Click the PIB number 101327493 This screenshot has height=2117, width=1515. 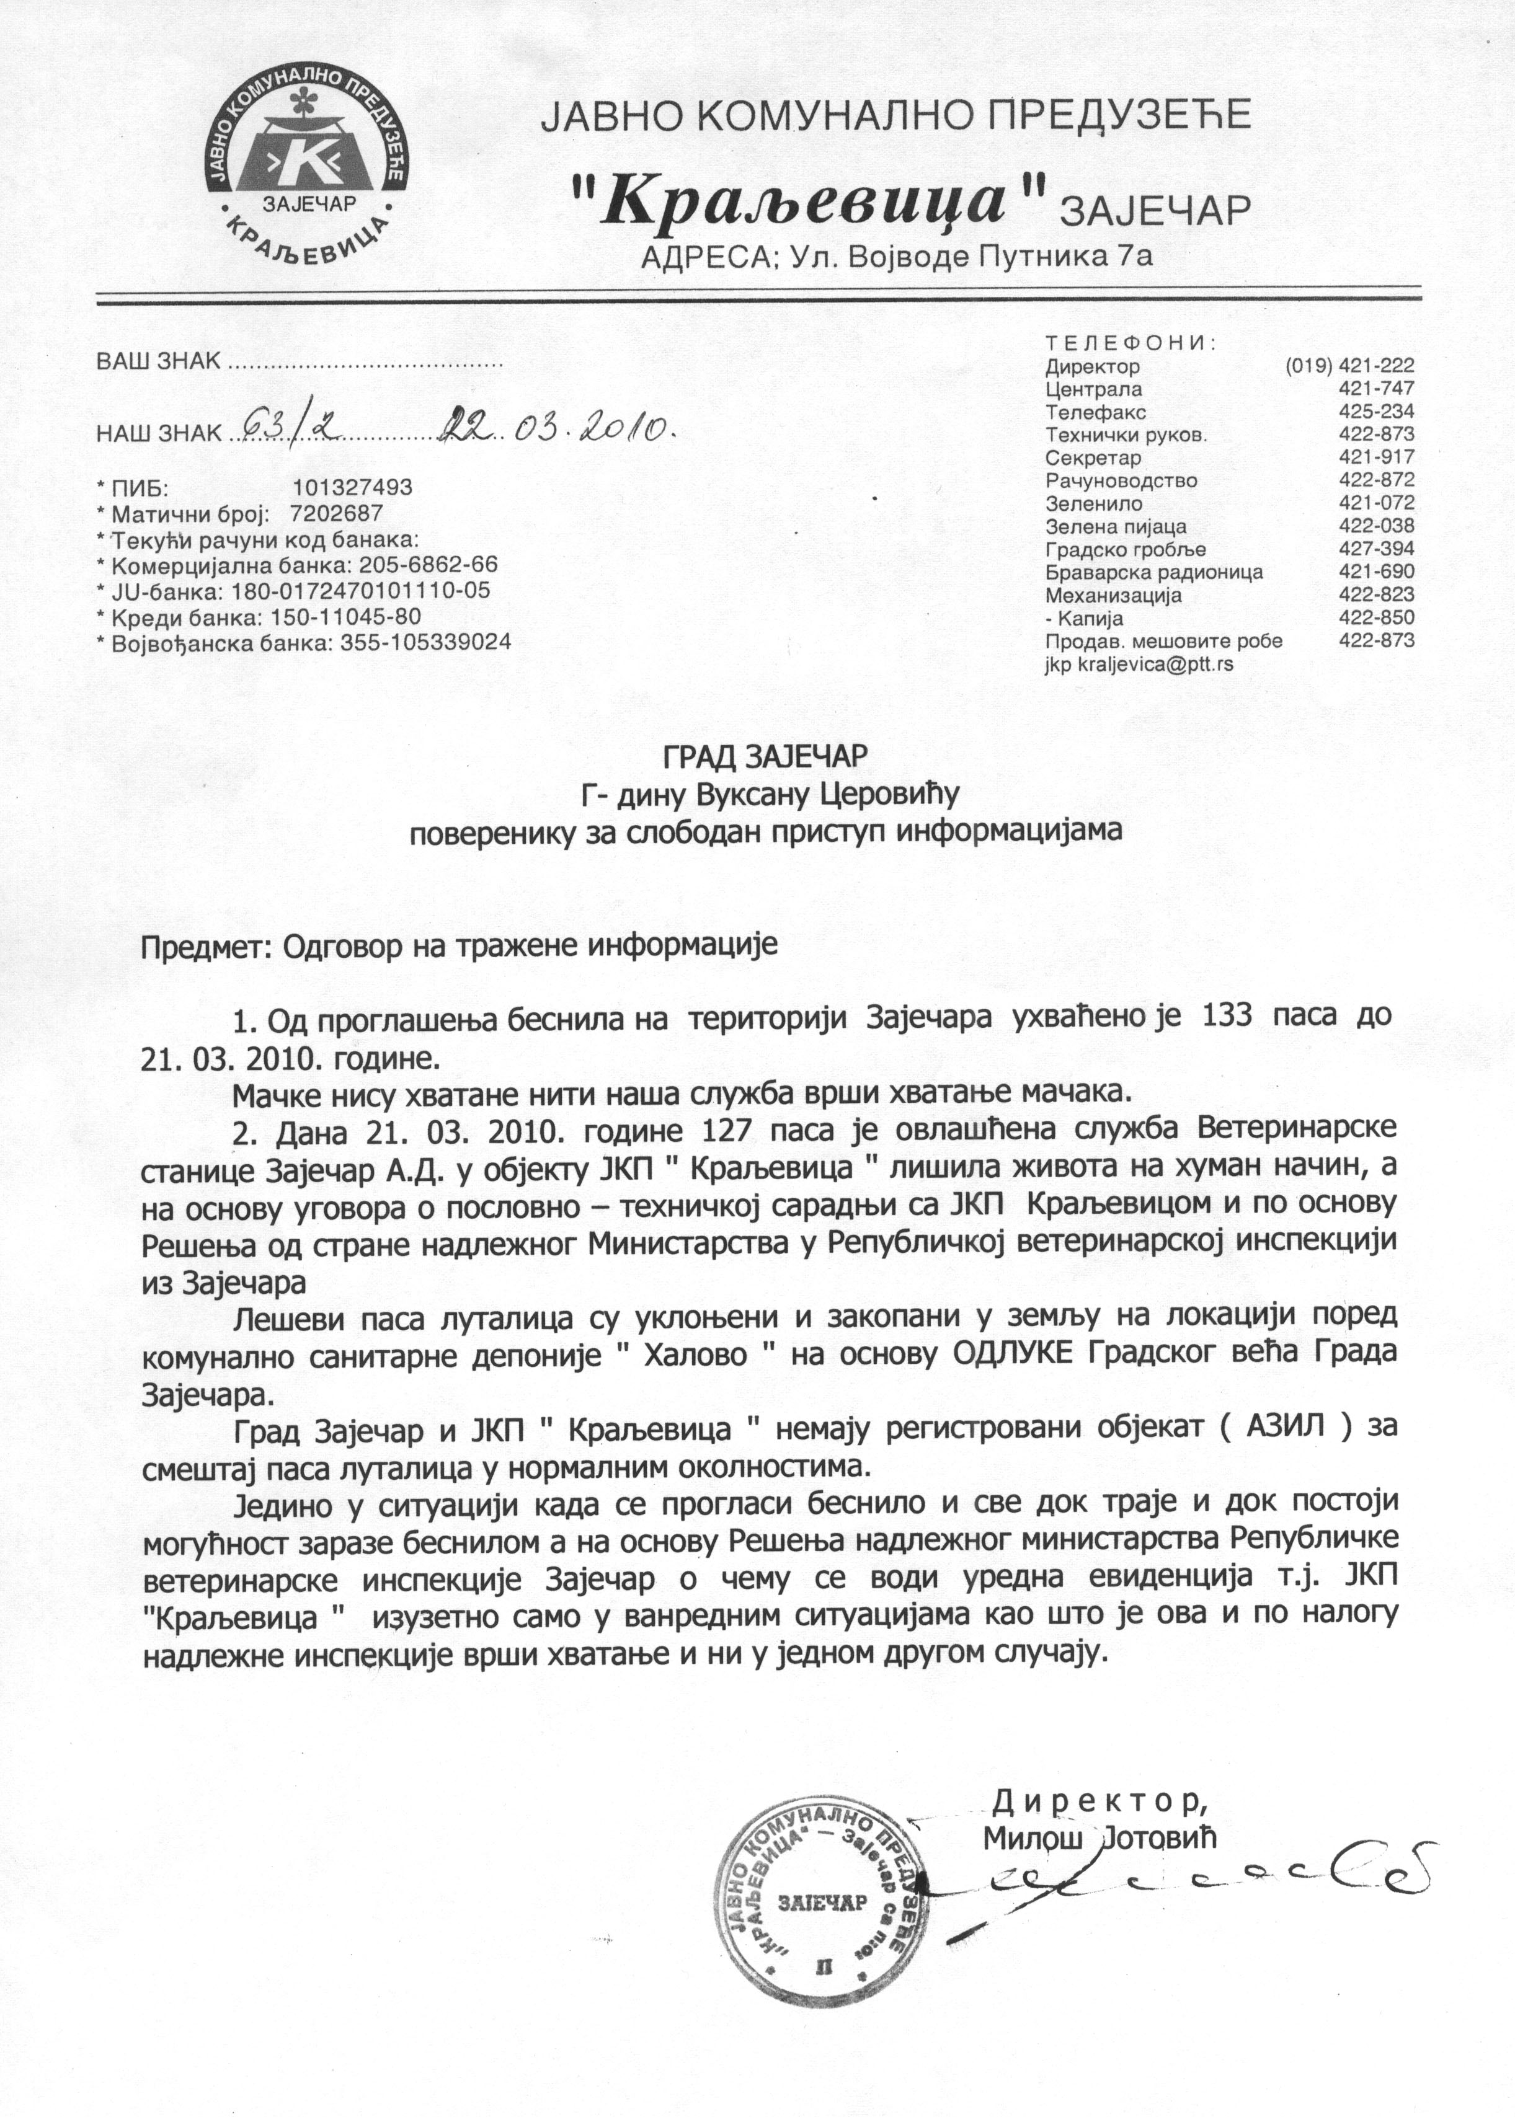pos(353,488)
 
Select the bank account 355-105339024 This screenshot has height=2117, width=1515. pos(420,643)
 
